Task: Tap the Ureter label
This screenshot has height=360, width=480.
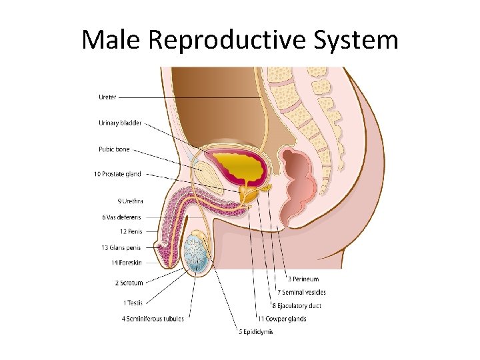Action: pyautogui.click(x=107, y=97)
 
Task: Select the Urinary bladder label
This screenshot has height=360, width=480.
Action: pyautogui.click(x=120, y=123)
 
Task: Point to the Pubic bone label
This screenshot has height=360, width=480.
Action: pyautogui.click(x=113, y=149)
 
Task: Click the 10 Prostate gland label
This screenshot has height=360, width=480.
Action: pyautogui.click(x=117, y=175)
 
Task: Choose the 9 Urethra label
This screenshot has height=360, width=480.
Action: pyautogui.click(x=130, y=201)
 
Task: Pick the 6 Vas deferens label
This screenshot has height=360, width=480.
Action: pyautogui.click(x=121, y=217)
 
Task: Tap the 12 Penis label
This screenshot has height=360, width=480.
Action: pyautogui.click(x=131, y=232)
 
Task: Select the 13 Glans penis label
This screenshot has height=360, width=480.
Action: pyautogui.click(x=121, y=247)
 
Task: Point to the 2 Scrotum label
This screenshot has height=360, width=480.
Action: pyautogui.click(x=129, y=283)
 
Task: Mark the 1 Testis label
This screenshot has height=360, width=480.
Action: pyautogui.click(x=133, y=303)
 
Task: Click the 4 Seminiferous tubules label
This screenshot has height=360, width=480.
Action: pyautogui.click(x=153, y=319)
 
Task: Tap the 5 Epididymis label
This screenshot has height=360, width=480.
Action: pyautogui.click(x=256, y=332)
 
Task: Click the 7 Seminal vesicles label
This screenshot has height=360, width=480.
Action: pyautogui.click(x=301, y=293)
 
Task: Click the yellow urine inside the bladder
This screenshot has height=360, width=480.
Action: pyautogui.click(x=241, y=164)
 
